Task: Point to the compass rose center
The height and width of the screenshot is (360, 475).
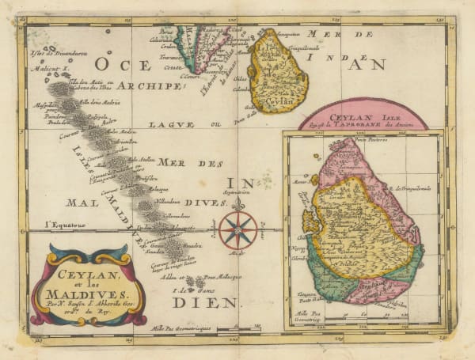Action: tap(237, 229)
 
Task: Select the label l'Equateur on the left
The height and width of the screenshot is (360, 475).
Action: tap(63, 225)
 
